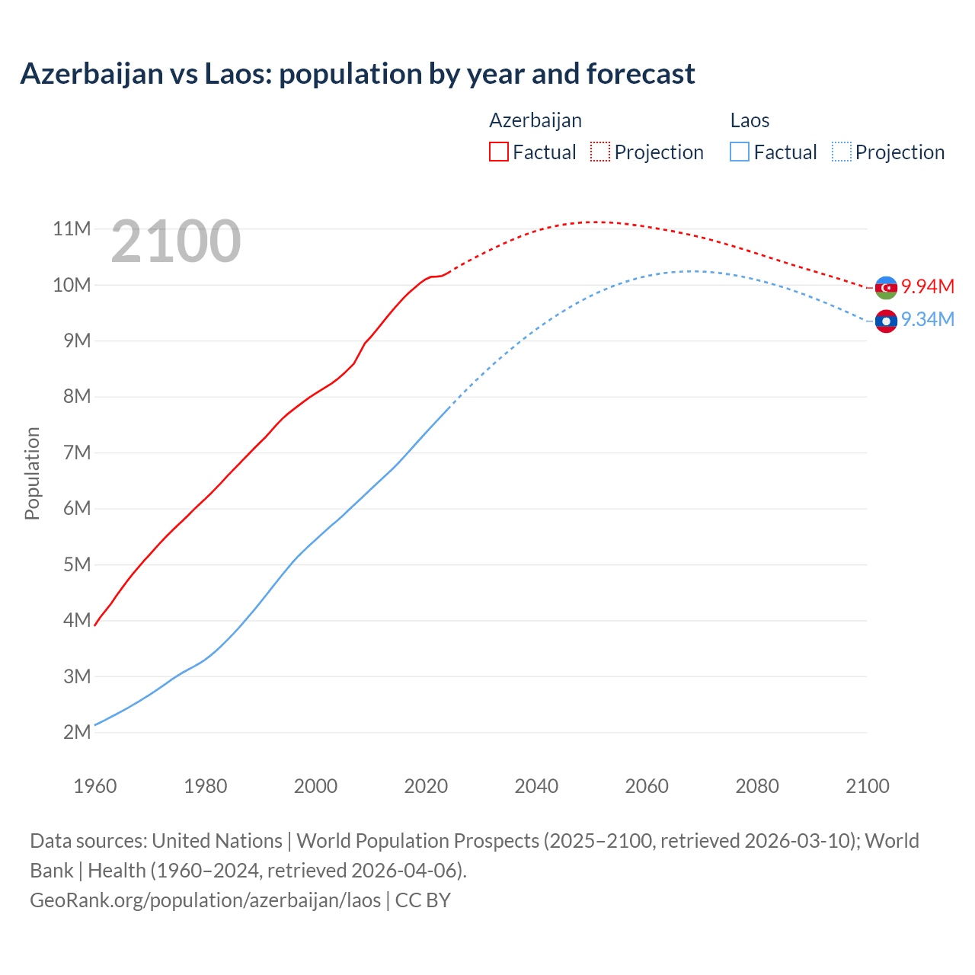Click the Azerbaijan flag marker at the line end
[x=886, y=288]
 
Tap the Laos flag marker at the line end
[x=886, y=321]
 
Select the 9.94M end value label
[x=928, y=287]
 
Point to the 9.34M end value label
[x=928, y=320]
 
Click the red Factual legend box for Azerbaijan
[x=498, y=152]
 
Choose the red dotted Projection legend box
[x=600, y=152]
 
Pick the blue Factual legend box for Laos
[x=739, y=152]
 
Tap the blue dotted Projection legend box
[x=841, y=152]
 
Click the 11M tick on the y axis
[x=72, y=229]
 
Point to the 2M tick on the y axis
[x=77, y=732]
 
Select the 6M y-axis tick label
[x=77, y=508]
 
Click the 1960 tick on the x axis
[x=95, y=786]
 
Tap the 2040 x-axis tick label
[x=536, y=786]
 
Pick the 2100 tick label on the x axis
[x=867, y=786]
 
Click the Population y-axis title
[x=32, y=473]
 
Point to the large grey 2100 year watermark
[x=176, y=241]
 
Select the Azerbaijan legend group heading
[x=535, y=120]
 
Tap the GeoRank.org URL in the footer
[x=205, y=900]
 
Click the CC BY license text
[x=423, y=900]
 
